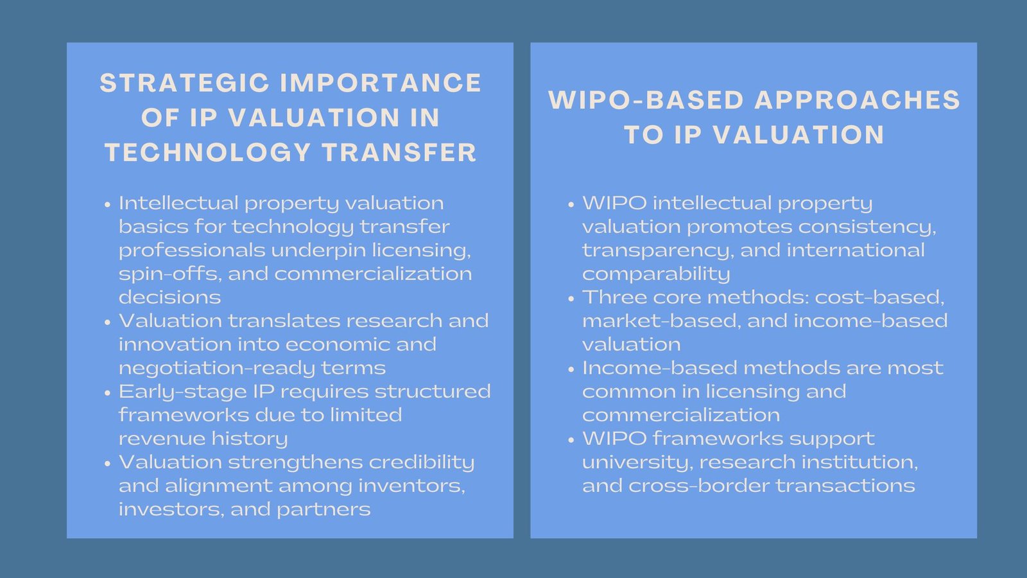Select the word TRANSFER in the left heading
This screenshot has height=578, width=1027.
click(x=399, y=153)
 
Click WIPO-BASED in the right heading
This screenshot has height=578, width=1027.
click(x=646, y=100)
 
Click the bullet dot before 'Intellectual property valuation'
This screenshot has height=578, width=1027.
click(x=108, y=205)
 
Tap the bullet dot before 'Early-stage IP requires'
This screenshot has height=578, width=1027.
click(x=108, y=393)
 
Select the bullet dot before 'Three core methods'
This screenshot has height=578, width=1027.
click(x=571, y=299)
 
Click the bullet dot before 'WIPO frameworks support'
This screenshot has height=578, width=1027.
click(x=571, y=440)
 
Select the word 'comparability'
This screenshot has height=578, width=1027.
click(x=656, y=274)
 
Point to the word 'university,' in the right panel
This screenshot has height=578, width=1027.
click(x=637, y=462)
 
